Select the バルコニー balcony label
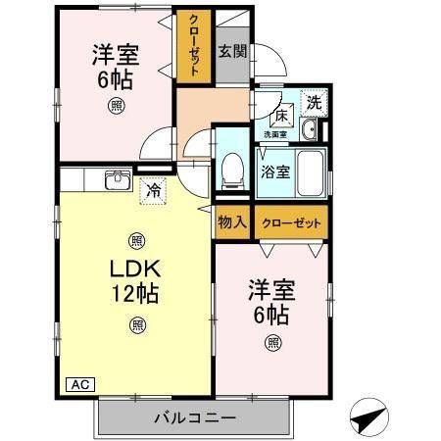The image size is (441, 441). click(x=194, y=418)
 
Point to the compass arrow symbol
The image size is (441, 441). click(x=367, y=418)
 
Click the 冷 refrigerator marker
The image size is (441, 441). click(x=153, y=192)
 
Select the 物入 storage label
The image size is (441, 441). click(x=232, y=223)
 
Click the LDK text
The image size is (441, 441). click(x=134, y=269)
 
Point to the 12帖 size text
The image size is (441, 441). click(x=135, y=292)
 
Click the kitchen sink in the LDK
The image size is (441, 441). click(x=118, y=180)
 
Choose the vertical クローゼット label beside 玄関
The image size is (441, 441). click(x=192, y=46)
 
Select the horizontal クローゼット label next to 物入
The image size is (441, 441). click(x=291, y=223)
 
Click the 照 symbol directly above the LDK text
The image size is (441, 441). click(x=135, y=240)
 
